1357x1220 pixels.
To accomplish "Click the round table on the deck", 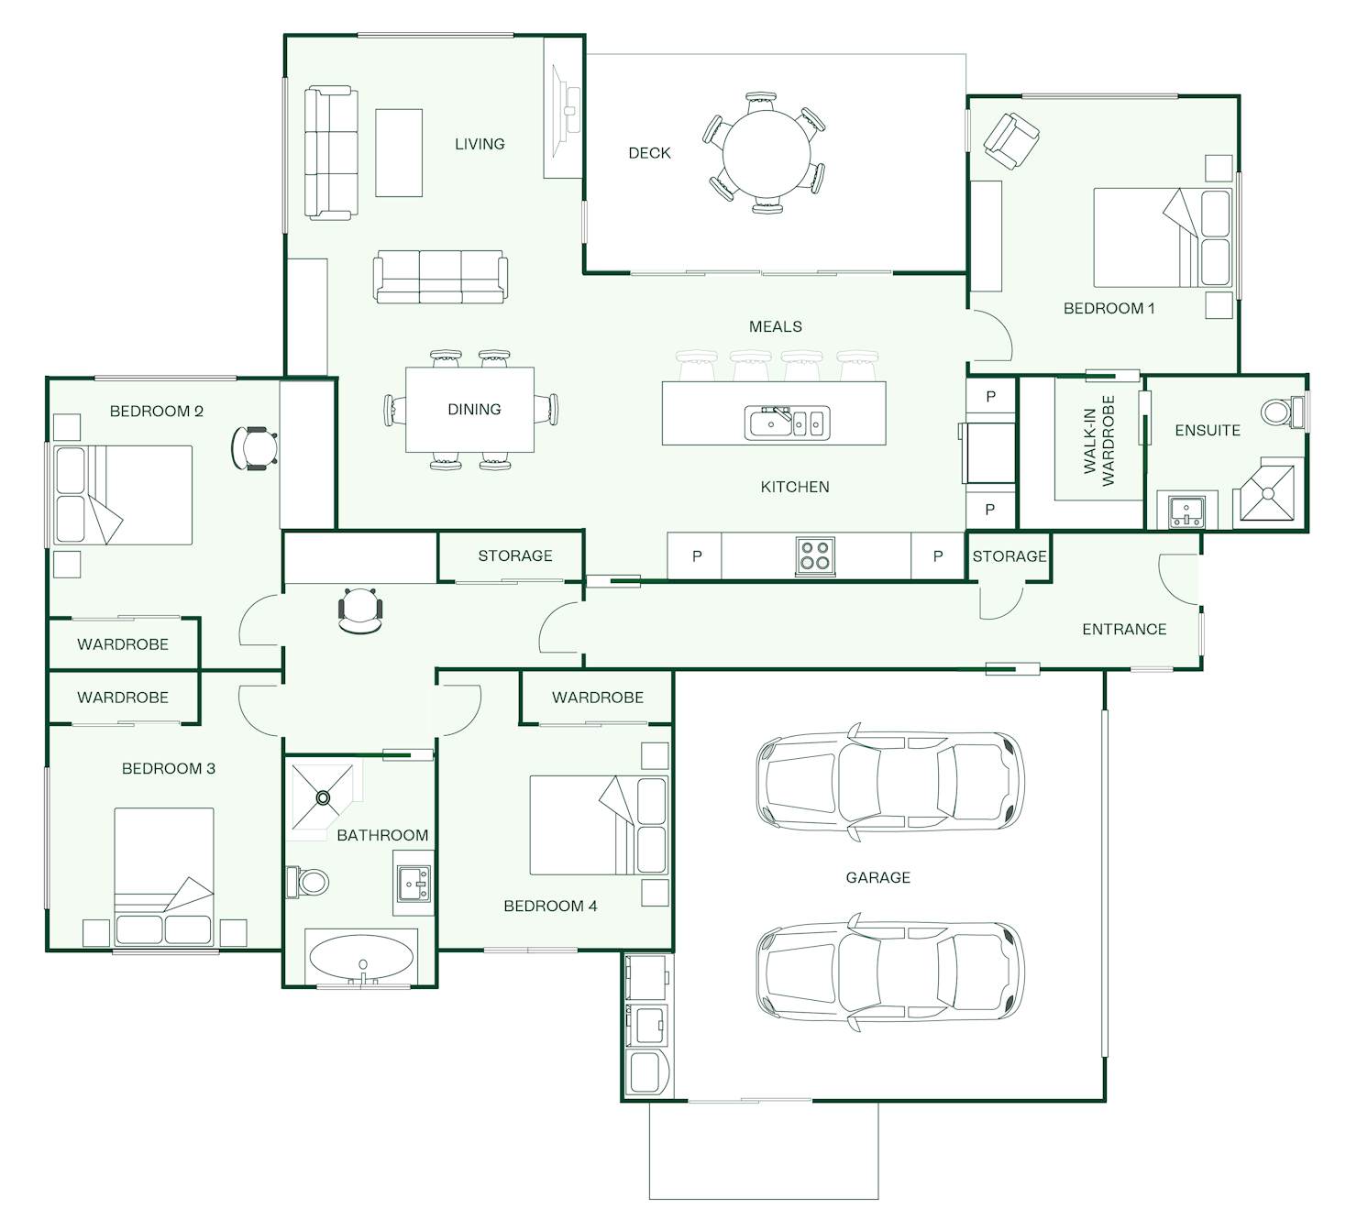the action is click(x=766, y=153).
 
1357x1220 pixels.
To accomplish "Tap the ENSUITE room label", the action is click(x=1208, y=430).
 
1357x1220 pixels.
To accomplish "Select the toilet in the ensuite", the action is click(x=1282, y=412).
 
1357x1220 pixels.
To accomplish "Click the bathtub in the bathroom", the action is click(x=362, y=958).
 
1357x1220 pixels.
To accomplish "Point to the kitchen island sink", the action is click(x=788, y=423).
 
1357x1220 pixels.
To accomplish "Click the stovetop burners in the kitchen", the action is click(x=814, y=555).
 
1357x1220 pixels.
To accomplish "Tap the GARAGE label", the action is click(x=878, y=877).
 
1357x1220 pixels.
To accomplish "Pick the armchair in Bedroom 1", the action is click(x=1010, y=141).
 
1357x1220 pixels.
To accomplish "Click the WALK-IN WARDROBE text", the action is click(x=1098, y=441).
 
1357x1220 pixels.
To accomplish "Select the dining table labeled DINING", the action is click(x=470, y=409).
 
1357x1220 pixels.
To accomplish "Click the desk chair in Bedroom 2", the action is click(x=254, y=447).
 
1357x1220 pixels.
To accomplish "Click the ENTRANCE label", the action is click(x=1124, y=629).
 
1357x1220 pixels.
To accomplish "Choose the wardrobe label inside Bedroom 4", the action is click(x=597, y=698).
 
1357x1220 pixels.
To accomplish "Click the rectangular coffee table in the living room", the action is click(x=399, y=153).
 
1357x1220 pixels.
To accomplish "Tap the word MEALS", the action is click(x=776, y=326).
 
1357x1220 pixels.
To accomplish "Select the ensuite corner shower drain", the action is click(x=1268, y=494).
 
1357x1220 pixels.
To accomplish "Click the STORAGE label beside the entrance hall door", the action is click(x=1009, y=555).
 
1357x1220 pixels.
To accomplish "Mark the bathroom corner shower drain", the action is click(x=324, y=797).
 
